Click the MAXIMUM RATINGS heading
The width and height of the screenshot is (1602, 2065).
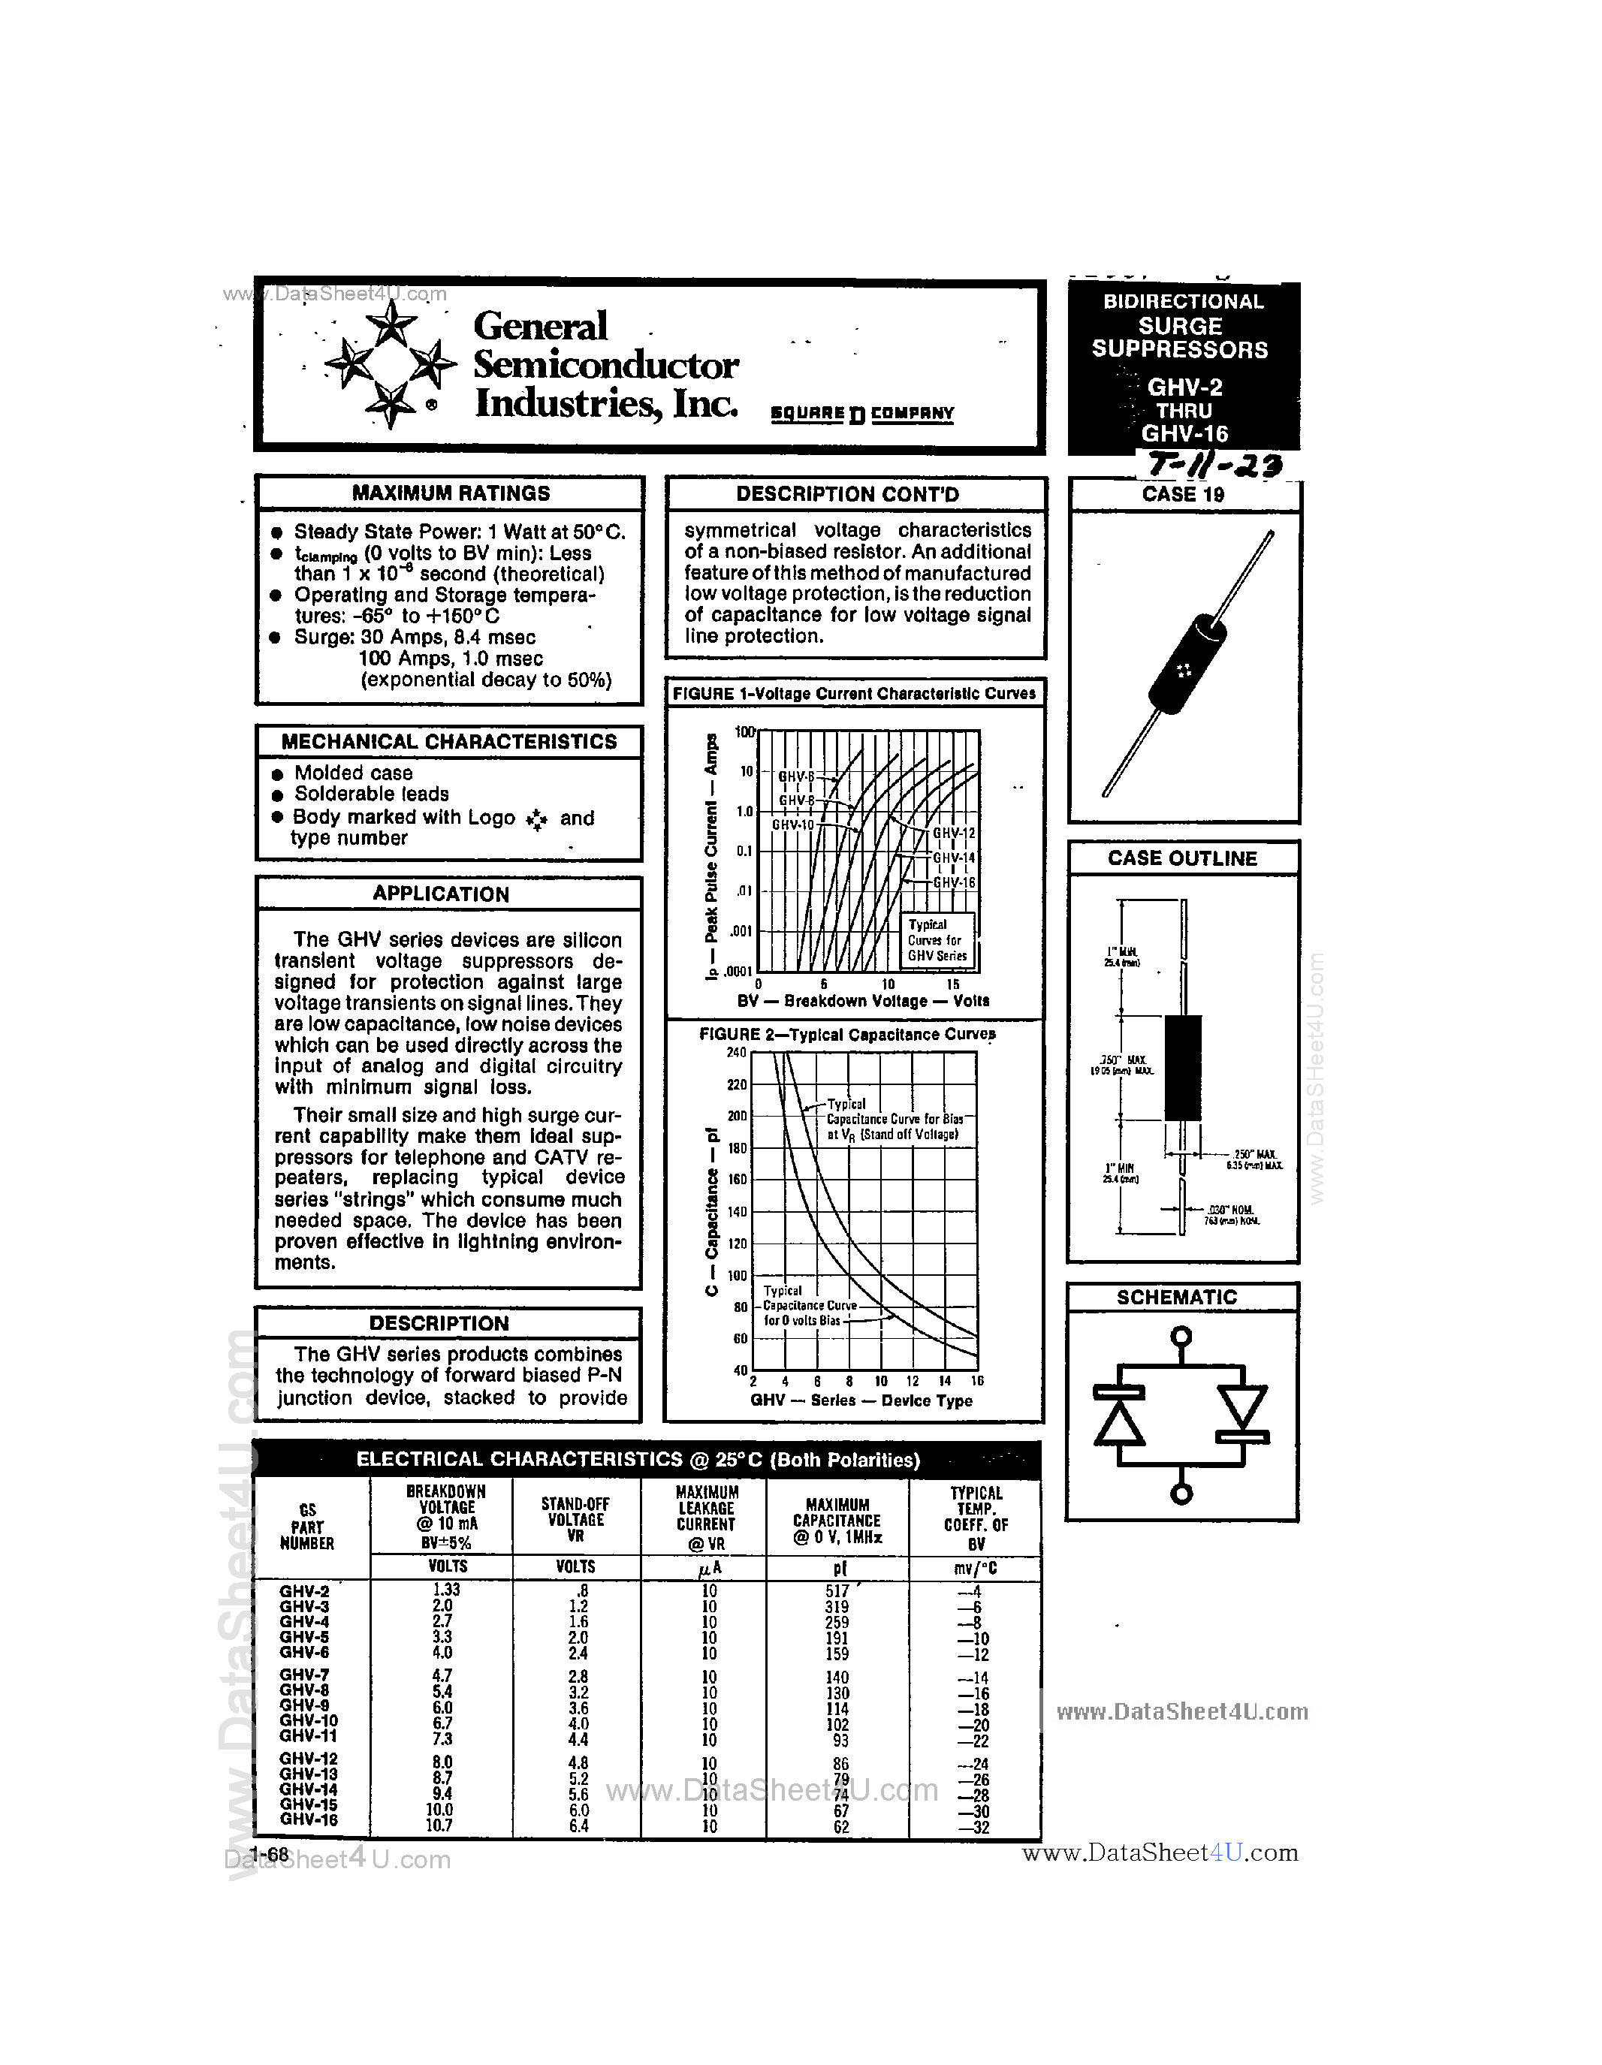point(450,493)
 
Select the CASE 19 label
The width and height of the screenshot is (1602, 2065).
point(1182,495)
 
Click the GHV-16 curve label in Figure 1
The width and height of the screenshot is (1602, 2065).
point(953,882)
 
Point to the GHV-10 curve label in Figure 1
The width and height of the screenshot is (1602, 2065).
point(792,824)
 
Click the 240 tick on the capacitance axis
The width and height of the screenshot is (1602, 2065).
point(736,1052)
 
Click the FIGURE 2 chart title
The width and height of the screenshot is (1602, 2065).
point(846,1035)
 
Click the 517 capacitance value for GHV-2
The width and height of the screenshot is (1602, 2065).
point(837,1591)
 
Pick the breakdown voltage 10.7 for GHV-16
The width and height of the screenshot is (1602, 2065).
point(439,1825)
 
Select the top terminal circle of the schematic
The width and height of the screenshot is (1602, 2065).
point(1180,1336)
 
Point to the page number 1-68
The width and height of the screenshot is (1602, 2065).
point(270,1855)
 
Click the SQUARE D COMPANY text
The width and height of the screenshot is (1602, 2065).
point(861,413)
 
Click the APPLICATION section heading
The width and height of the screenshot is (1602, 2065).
point(441,894)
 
